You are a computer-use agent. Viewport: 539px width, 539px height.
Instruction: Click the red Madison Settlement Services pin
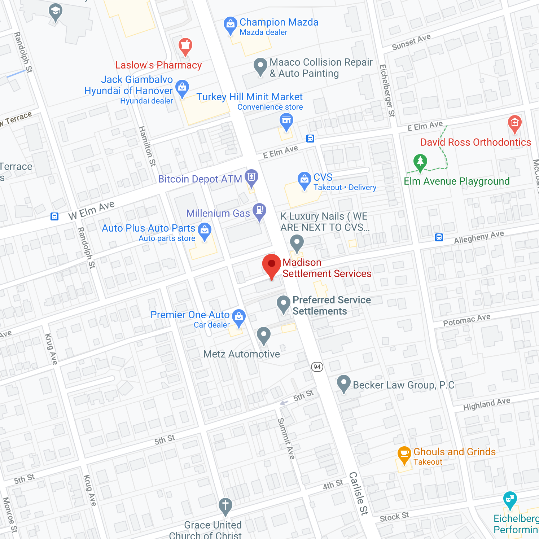click(x=271, y=264)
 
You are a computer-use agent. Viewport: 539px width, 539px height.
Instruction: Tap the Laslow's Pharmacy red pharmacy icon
click(x=185, y=46)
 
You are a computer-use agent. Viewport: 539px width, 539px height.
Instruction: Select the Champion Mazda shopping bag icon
click(x=230, y=25)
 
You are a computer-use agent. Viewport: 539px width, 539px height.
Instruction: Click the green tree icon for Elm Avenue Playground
click(x=420, y=162)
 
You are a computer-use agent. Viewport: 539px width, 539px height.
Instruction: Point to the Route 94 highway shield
click(x=317, y=367)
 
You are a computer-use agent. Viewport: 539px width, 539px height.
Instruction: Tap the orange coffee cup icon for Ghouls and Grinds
click(x=404, y=453)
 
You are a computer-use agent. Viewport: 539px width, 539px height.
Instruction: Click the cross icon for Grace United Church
click(x=225, y=505)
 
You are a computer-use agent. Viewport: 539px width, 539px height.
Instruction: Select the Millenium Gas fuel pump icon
click(x=259, y=210)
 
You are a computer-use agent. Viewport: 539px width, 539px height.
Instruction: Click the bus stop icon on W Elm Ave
click(x=54, y=216)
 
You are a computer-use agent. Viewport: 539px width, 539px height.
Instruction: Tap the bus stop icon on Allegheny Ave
click(x=439, y=237)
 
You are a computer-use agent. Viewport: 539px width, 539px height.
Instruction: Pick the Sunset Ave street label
click(x=411, y=42)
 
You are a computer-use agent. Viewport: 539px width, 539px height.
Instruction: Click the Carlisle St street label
click(x=359, y=493)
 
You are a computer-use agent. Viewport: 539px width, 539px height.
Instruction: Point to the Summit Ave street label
click(x=286, y=438)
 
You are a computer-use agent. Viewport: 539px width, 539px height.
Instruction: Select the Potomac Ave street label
click(x=466, y=320)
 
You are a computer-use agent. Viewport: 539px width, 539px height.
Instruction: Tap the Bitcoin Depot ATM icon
click(x=251, y=177)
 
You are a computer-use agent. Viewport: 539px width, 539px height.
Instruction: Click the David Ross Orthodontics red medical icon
click(x=514, y=123)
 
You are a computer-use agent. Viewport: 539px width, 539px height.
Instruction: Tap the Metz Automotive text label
click(x=241, y=354)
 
